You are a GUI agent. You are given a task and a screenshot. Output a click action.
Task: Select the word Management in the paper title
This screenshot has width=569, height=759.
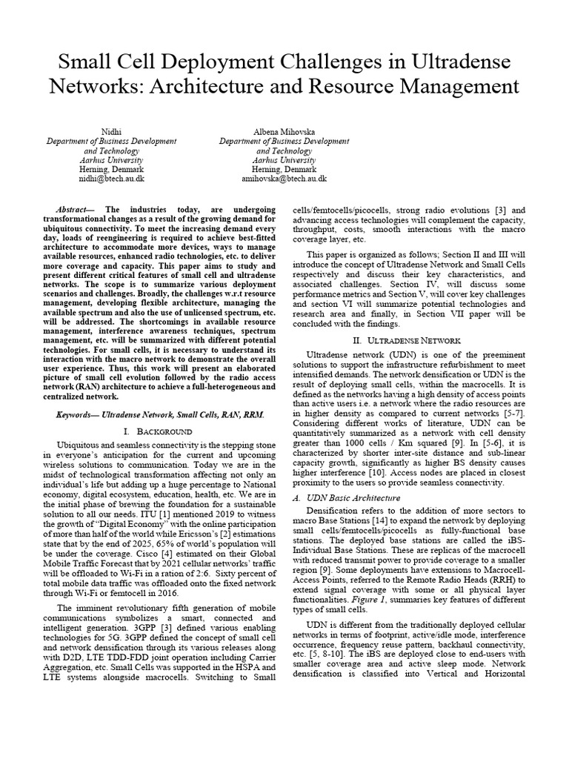click(x=456, y=87)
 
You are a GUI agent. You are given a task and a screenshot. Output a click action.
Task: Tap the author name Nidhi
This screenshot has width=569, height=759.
click(x=111, y=131)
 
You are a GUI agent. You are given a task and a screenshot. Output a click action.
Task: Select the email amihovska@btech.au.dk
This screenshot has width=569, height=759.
click(x=284, y=179)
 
